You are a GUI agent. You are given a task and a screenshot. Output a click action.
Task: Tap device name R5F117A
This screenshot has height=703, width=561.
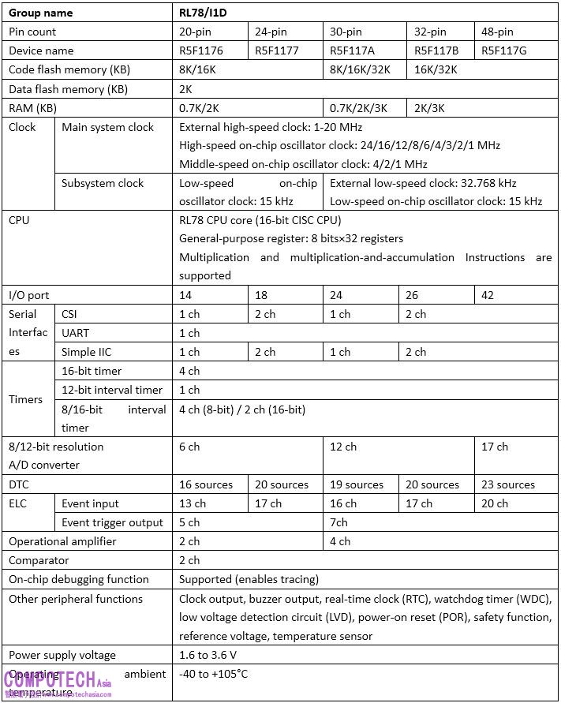click(x=350, y=50)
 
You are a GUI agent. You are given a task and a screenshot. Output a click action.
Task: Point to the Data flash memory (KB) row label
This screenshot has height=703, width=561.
click(x=67, y=89)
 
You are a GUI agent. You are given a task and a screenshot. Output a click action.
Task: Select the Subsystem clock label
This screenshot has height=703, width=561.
click(x=103, y=183)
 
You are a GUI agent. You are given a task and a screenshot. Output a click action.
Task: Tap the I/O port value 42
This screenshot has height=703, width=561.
click(x=489, y=295)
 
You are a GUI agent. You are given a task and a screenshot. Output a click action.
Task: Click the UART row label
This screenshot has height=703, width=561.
click(x=76, y=333)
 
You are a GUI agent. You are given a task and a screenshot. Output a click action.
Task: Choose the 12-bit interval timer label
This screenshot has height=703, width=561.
click(x=112, y=390)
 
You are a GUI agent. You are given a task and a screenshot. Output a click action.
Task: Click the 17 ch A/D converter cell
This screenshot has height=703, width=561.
click(x=495, y=447)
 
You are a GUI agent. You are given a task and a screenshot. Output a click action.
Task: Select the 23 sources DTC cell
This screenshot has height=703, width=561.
click(x=508, y=484)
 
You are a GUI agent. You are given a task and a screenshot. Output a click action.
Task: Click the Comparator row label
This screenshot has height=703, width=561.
click(x=39, y=560)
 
